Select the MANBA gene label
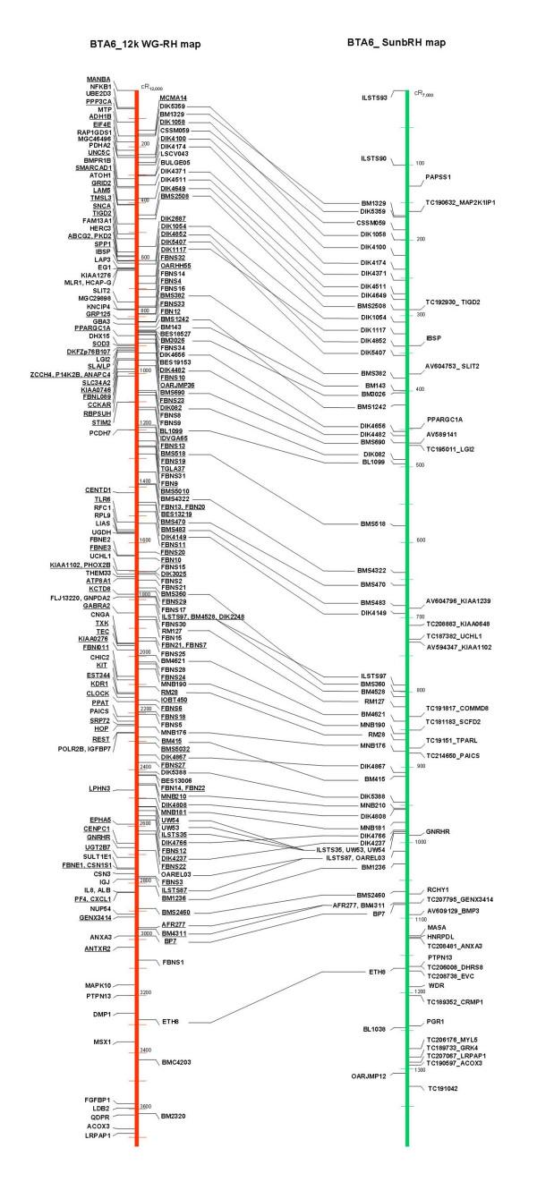tap(98, 79)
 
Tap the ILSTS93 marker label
tap(374, 97)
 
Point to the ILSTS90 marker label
tap(374, 158)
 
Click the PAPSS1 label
tap(439, 177)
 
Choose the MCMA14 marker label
tap(174, 98)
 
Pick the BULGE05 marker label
tap(175, 162)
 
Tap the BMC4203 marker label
tap(175, 1062)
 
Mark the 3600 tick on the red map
tap(145, 1107)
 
